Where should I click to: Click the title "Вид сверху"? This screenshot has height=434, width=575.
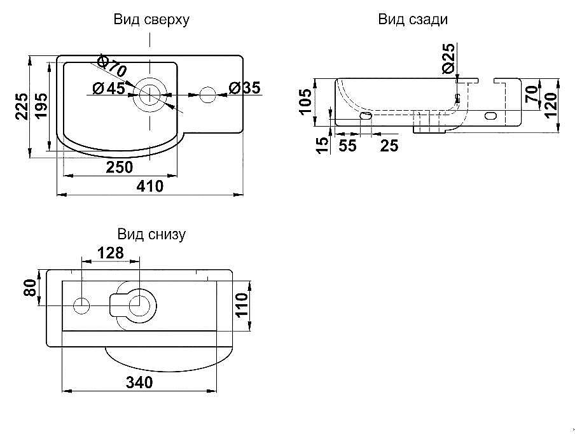click(151, 20)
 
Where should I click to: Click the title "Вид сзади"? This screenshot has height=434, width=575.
click(413, 19)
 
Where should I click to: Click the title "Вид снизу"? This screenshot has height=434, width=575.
click(151, 234)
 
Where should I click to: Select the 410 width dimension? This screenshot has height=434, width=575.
click(150, 186)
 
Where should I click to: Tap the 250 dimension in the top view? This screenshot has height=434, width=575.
click(120, 167)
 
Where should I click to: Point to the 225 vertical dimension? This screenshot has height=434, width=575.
click(22, 106)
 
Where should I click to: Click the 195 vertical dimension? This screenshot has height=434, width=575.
click(40, 106)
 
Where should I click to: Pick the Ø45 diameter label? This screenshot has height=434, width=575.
click(108, 88)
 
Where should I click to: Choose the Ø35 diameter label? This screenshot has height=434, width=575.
click(244, 88)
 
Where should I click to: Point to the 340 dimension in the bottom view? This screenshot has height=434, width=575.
click(139, 382)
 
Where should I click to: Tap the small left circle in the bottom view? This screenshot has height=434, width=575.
click(81, 305)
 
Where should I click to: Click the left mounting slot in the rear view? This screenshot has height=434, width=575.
click(366, 116)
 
